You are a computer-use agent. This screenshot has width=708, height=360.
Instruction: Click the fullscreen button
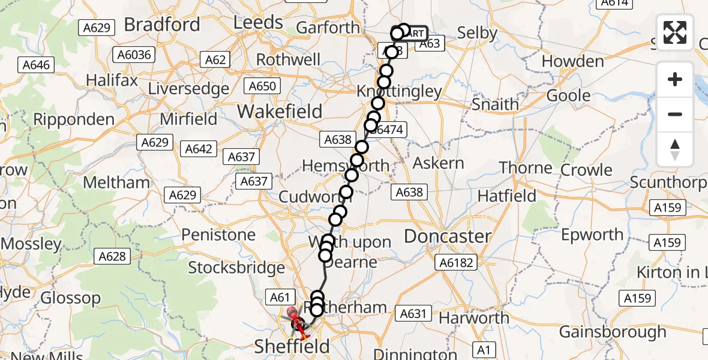[x=675, y=32]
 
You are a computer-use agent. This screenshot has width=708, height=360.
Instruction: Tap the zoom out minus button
[x=675, y=114]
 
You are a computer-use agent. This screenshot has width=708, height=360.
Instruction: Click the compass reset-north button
[x=675, y=149]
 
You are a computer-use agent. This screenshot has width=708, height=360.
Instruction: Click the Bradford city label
[x=161, y=25]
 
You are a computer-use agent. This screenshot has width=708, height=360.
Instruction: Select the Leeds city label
[x=258, y=23]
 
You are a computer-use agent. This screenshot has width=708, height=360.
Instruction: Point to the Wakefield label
[x=280, y=112]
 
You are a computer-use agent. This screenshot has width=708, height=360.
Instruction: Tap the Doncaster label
[x=448, y=236]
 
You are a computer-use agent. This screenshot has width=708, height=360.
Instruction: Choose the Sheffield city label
[x=292, y=346]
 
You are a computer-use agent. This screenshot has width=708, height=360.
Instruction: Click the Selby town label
[x=477, y=33]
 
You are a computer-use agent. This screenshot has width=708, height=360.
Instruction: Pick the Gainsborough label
[x=613, y=332]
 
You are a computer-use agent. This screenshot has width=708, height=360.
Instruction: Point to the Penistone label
[x=218, y=235]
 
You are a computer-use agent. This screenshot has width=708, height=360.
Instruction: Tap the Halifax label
[x=108, y=80]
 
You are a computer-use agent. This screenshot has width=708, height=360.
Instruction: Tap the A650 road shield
[x=262, y=86]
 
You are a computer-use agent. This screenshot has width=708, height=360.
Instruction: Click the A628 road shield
[x=112, y=257]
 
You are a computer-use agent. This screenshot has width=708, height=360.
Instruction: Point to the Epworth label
[x=593, y=235]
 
